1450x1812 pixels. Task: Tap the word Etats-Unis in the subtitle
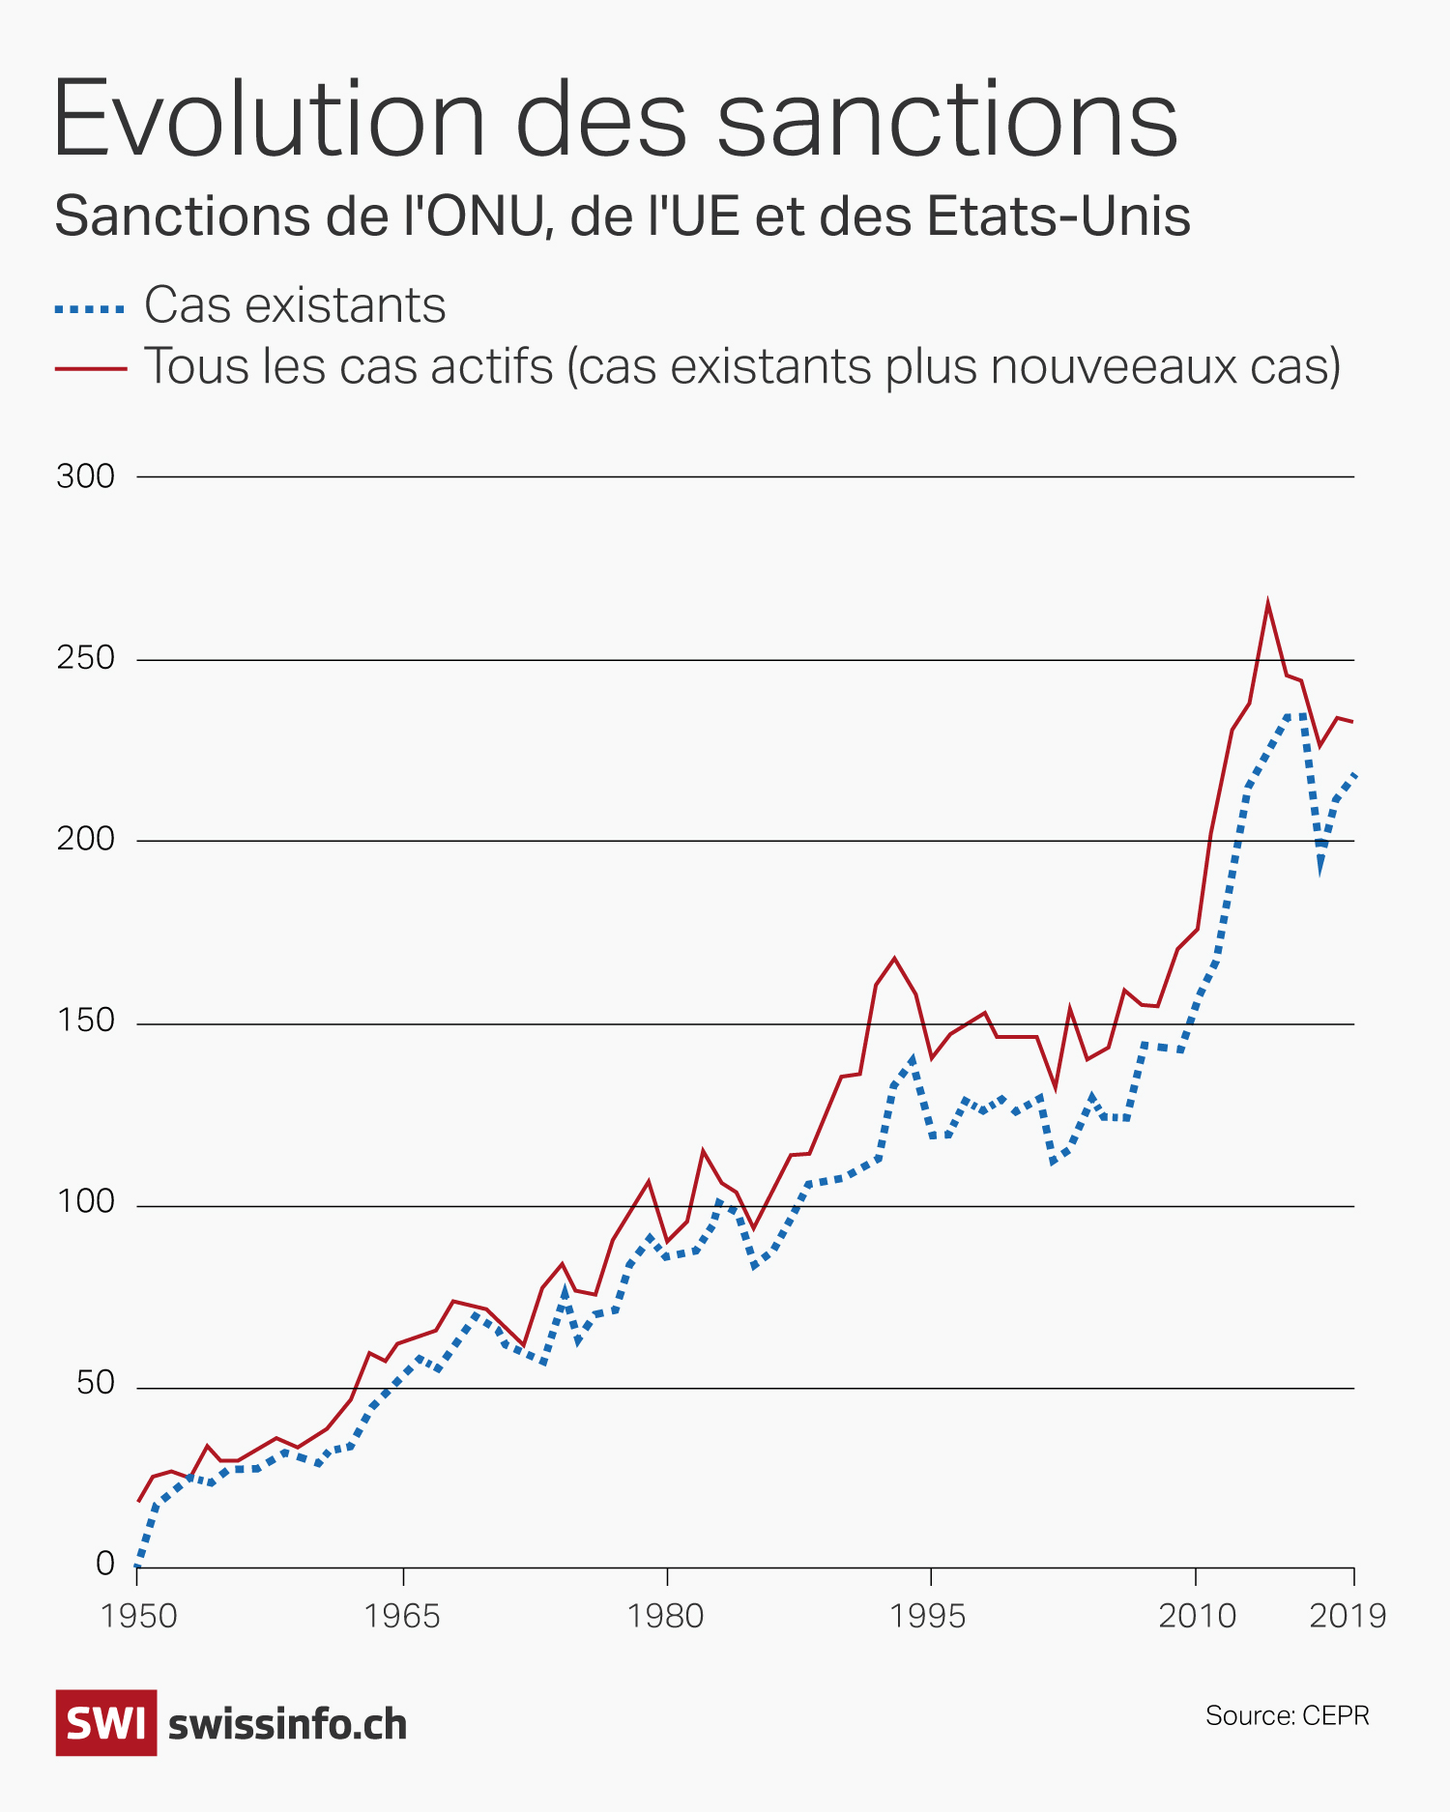tap(1058, 216)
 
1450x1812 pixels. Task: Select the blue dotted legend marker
tap(90, 309)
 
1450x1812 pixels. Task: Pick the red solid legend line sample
tap(90, 368)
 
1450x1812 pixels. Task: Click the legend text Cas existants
tap(295, 306)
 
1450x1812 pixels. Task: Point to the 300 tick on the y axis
tap(86, 476)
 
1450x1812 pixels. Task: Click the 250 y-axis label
tap(86, 659)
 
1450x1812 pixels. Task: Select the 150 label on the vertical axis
tap(86, 1022)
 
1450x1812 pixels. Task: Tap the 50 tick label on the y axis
tap(96, 1385)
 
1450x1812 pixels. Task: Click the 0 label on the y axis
tap(105, 1564)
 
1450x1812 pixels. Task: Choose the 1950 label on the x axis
tap(139, 1616)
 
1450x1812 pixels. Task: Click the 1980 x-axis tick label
tap(666, 1616)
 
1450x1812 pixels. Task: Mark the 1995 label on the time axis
tap(929, 1616)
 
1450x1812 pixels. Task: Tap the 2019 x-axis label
tap(1348, 1616)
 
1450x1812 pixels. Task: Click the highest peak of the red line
tap(1267, 604)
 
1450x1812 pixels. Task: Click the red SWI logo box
tap(105, 1723)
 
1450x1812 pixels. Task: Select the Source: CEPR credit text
tap(1287, 1715)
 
